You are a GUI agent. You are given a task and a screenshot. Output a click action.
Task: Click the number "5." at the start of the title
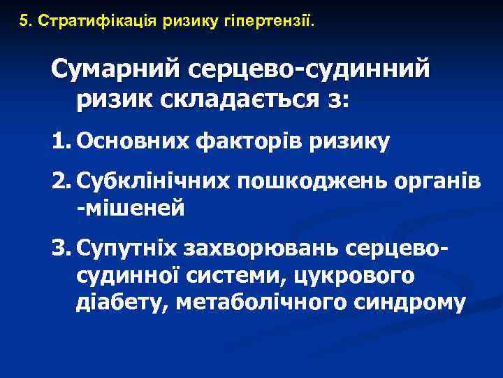27,20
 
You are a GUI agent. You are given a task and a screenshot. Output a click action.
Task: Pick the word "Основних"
132,143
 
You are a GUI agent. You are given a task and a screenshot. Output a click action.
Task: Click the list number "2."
63,183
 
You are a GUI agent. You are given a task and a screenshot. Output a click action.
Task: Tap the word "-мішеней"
131,208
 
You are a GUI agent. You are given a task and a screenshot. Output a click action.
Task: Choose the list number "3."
63,248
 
